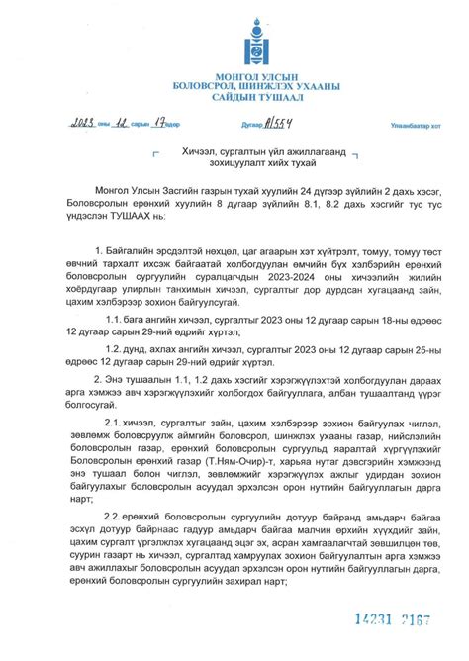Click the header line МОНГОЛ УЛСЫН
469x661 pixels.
tap(234, 79)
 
